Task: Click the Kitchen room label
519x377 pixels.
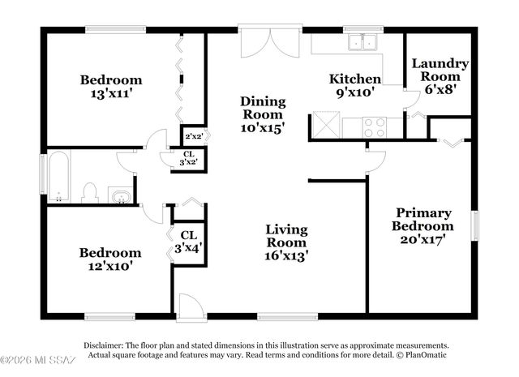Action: (x=354, y=79)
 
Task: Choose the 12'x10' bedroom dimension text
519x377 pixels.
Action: (x=109, y=265)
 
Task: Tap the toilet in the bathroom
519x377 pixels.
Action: (x=90, y=193)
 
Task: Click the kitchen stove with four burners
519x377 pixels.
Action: (x=373, y=127)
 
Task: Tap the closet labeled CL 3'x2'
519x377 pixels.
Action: (x=188, y=158)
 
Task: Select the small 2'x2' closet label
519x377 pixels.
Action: (x=194, y=136)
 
